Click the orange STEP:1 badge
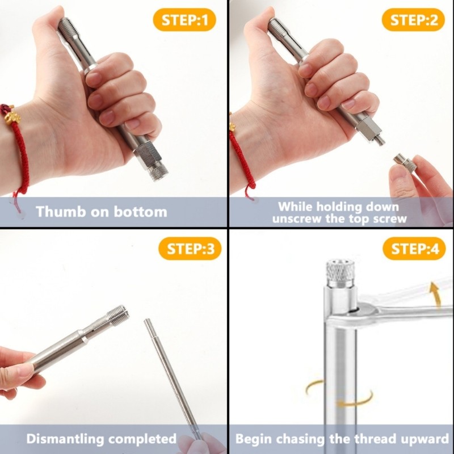pos(186,21)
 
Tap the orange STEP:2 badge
pos(414,21)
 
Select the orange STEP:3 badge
pos(186,249)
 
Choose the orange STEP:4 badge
pos(414,249)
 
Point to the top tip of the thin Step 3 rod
pos(147,322)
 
